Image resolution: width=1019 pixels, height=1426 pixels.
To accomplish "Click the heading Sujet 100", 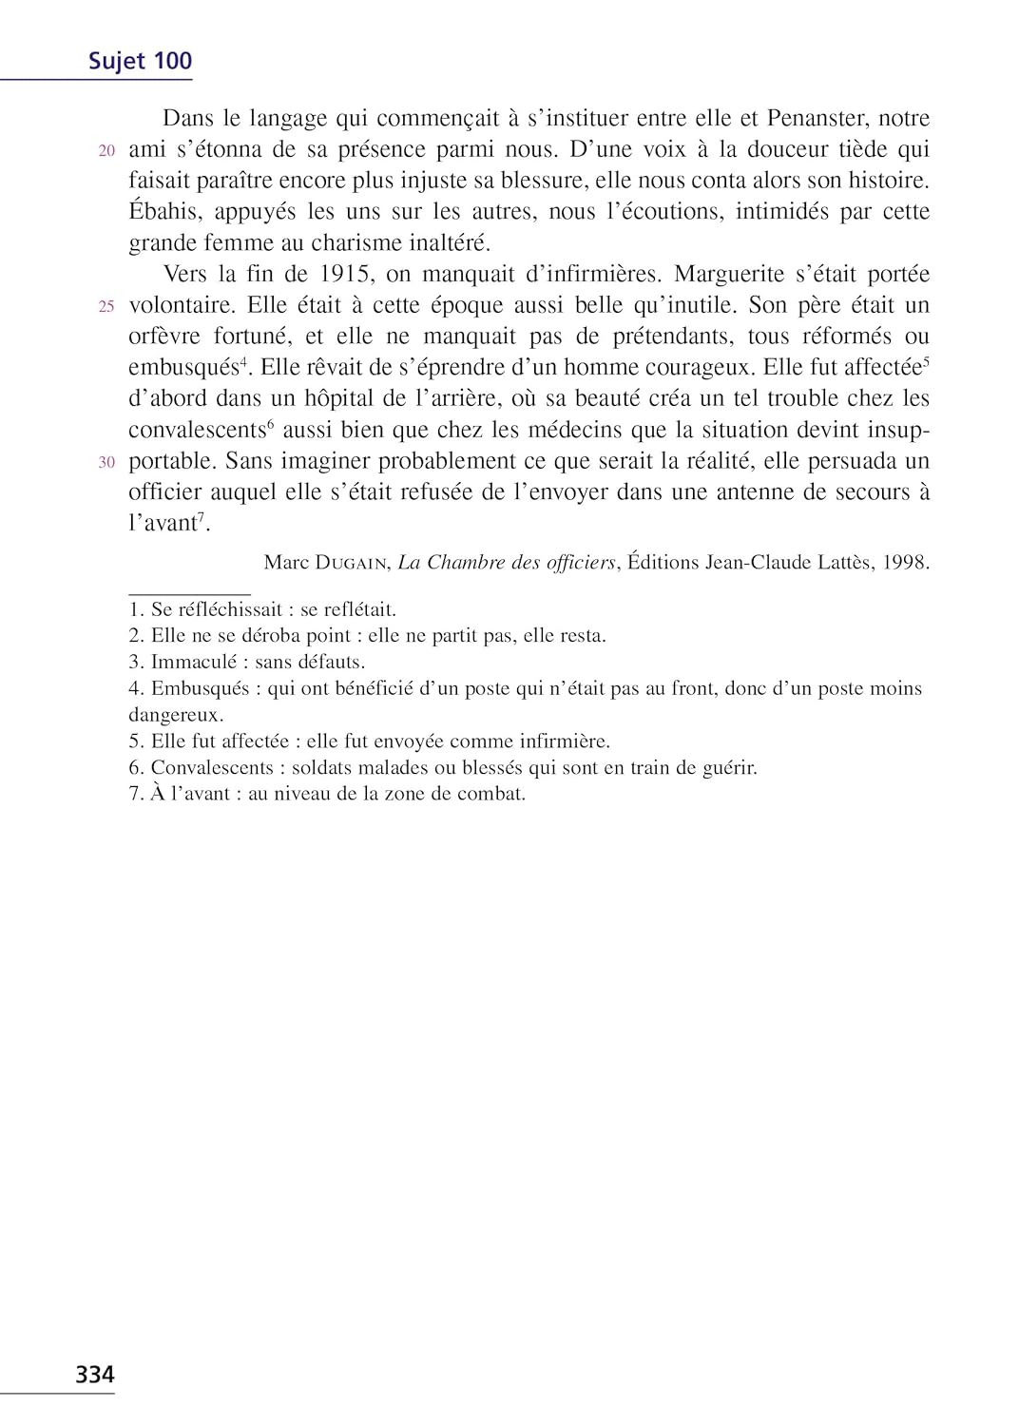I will pos(140,61).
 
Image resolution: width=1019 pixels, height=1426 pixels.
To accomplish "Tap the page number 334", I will pos(95,1375).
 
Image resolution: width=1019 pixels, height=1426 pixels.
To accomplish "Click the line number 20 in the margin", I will pos(106,151).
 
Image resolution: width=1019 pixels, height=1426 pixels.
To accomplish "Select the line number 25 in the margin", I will pos(106,307).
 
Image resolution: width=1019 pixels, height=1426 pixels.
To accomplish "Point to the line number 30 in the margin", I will pos(106,463).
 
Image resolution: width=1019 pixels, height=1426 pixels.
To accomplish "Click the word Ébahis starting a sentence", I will pos(164,212).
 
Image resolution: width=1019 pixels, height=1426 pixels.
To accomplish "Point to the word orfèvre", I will pos(164,337).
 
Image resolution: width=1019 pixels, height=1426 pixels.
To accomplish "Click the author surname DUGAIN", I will pos(351,563).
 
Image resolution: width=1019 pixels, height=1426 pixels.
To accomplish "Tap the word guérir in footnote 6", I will pos(729,768).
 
